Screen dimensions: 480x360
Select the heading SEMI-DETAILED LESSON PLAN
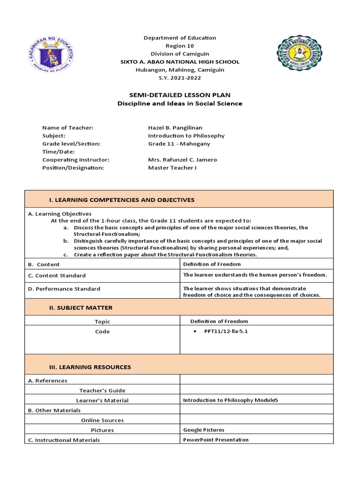(180, 95)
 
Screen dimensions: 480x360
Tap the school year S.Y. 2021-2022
(180, 78)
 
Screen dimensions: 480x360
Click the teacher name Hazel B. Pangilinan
(175, 127)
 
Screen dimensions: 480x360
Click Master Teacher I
(172, 167)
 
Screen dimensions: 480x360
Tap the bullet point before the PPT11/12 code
(195, 331)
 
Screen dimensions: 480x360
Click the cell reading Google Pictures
(203, 429)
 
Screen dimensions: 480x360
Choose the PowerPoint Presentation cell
(216, 440)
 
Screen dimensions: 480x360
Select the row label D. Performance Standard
(64, 289)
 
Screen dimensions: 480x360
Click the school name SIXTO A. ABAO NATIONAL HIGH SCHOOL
(180, 62)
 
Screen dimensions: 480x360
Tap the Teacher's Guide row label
(102, 390)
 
